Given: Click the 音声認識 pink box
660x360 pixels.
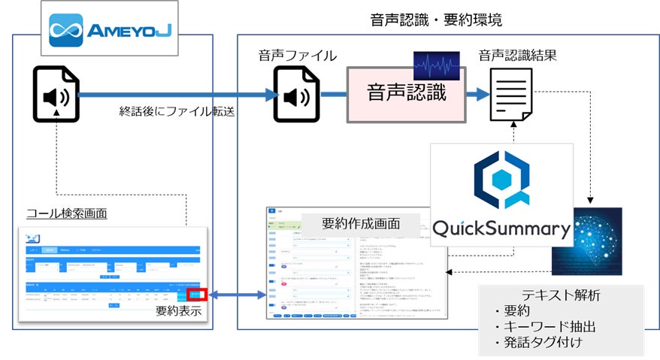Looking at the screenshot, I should pos(406,93).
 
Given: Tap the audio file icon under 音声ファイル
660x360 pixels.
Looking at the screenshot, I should pos(294,95).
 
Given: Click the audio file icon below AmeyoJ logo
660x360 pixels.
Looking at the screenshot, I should pos(56,95).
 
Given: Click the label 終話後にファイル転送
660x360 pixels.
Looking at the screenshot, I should pos(177,111).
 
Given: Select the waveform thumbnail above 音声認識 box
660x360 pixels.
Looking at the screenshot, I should pos(437,66).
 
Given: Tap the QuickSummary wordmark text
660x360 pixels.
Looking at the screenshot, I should pos(502,228).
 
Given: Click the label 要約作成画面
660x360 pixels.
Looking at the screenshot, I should pos(360,223).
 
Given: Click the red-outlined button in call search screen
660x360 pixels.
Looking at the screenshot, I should pos(197,294).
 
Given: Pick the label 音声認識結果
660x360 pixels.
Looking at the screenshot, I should pos(518,56).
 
